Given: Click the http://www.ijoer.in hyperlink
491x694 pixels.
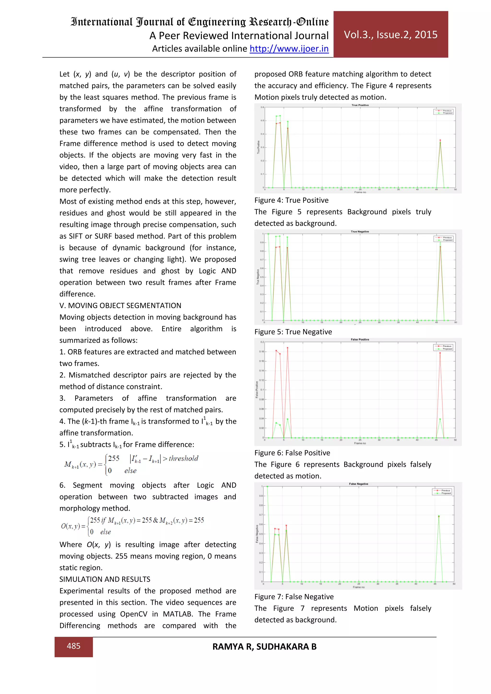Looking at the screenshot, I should (289, 49).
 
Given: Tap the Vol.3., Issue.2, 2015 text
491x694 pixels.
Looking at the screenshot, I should (390, 35).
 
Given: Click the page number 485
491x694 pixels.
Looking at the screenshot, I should (73, 646).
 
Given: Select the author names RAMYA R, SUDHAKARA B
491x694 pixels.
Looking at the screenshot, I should (264, 647).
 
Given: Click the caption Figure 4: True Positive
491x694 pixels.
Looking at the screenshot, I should (291, 200).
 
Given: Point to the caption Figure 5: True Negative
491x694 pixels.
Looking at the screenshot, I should (293, 332).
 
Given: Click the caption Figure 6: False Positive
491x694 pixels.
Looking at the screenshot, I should (292, 452).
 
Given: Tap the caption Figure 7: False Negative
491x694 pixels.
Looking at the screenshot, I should (294, 596).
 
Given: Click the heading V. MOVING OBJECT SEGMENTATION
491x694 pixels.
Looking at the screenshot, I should (120, 305).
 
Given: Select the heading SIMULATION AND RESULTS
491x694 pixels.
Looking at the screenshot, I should (105, 579).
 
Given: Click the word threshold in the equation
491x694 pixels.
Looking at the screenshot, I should (183, 458).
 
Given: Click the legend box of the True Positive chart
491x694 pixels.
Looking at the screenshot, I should (443, 112).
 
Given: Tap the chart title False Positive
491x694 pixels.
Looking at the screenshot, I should (360, 339).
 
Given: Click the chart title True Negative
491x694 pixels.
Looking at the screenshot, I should (360, 231).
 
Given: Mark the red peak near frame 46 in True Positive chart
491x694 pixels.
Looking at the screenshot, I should (440, 140).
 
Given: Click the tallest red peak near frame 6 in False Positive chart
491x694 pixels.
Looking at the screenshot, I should (287, 348).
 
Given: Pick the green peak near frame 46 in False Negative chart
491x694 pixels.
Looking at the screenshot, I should (439, 516).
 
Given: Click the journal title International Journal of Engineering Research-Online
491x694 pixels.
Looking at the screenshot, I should (199, 22).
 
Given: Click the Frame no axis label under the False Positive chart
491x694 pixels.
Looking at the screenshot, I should (360, 443).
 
